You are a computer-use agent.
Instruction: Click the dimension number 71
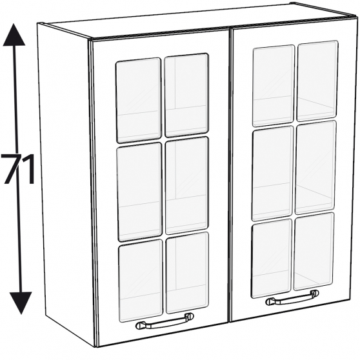coord(18,169)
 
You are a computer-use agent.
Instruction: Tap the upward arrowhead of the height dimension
coord(14,35)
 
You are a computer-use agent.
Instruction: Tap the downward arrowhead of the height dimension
coord(21,303)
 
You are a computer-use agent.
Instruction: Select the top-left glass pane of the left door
coord(139,100)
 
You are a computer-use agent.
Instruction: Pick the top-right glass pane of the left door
coord(186,95)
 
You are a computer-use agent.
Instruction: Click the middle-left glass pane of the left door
coord(139,192)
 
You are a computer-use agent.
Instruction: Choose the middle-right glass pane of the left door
coord(187,185)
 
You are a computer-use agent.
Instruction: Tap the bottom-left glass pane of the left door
coord(141,281)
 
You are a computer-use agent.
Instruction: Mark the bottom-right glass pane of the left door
coord(187,272)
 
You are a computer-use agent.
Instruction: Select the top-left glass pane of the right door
coord(273,86)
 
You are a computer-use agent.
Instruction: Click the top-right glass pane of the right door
coord(317,81)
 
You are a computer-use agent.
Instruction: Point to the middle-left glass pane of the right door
coord(272,174)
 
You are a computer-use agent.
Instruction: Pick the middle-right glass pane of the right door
coord(315,167)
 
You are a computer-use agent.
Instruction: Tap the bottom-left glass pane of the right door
coord(272,259)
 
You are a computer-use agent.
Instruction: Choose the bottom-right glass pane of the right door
coord(314,252)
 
